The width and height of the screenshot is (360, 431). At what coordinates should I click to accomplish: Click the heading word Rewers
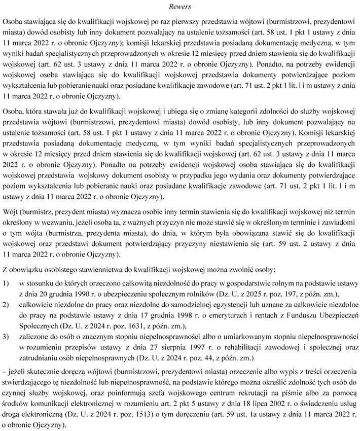[181, 7]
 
